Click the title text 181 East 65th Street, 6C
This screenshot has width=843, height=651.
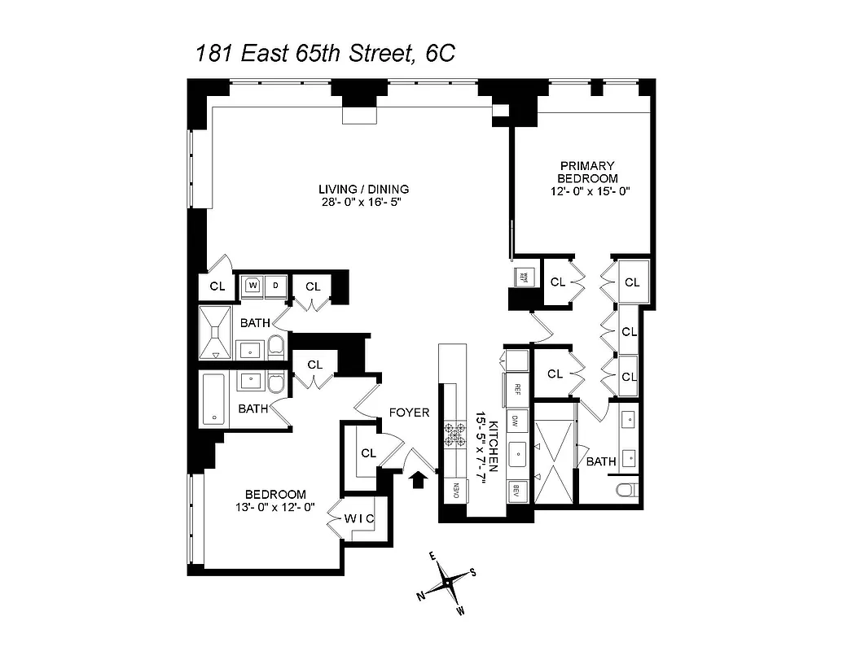(x=324, y=55)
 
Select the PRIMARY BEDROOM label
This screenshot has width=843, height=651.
(x=586, y=172)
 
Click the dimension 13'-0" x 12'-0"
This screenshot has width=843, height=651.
(x=275, y=507)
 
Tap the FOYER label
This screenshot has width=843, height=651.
(x=409, y=413)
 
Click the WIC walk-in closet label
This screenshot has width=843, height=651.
(x=358, y=518)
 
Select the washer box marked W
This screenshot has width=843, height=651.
(x=252, y=286)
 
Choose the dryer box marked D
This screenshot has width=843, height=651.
(x=275, y=286)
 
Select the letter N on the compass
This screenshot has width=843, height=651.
(x=421, y=596)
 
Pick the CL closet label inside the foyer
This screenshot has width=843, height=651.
(x=368, y=453)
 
